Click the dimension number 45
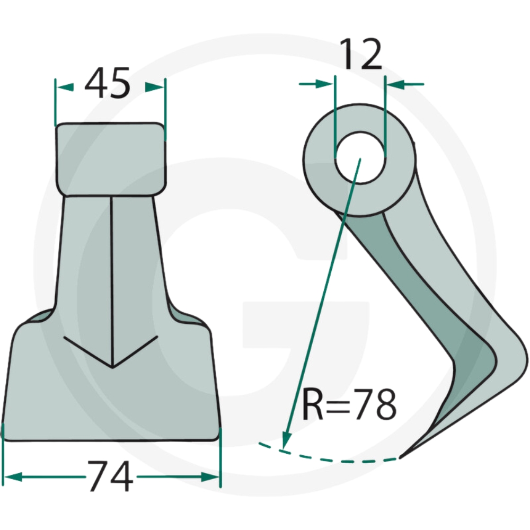[107, 83]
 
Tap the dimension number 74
[110, 476]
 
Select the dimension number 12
[360, 54]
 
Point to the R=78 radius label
[349, 404]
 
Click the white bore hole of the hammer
[360, 158]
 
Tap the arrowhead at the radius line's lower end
[286, 440]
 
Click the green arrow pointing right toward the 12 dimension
[316, 84]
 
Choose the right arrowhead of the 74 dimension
[210, 477]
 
